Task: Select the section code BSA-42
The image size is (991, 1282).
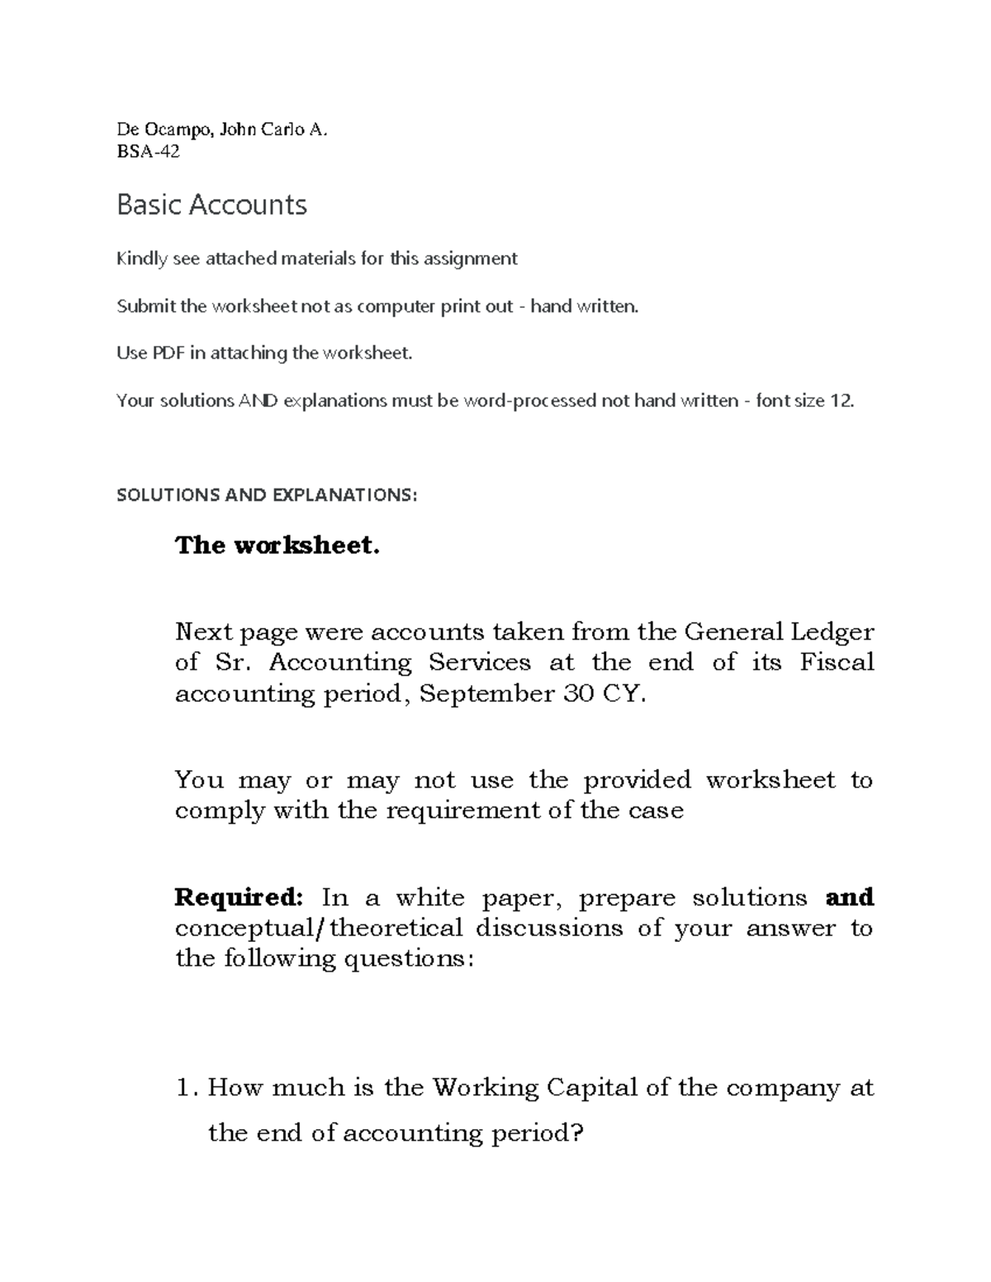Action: tap(148, 152)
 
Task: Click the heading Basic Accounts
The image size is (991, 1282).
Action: tap(211, 205)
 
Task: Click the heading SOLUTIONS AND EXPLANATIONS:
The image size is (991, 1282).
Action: tap(267, 495)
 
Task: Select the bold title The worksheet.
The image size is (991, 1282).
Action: tap(277, 546)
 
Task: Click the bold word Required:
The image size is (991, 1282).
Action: tap(239, 897)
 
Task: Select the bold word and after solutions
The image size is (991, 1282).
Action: tap(850, 897)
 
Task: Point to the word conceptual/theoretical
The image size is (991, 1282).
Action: tap(318, 929)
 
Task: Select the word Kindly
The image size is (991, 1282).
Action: tap(140, 259)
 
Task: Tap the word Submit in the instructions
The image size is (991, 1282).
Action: tap(146, 306)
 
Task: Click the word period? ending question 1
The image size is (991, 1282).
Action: tap(538, 1133)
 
